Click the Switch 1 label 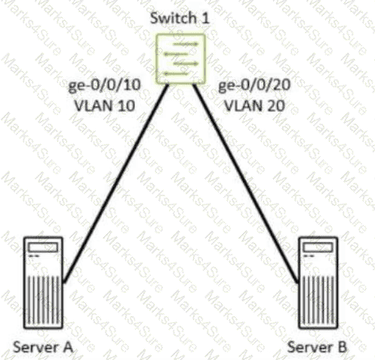[180, 18]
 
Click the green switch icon [180, 59]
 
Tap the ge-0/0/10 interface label [104, 86]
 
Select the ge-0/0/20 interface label [254, 86]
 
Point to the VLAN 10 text [105, 106]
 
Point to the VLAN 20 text [254, 106]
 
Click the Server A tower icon [43, 282]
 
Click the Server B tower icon [318, 282]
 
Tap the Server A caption [43, 347]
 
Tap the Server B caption [317, 347]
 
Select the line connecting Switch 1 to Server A [115, 183]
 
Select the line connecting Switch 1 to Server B [246, 183]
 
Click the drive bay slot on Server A [43, 248]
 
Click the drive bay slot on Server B [318, 248]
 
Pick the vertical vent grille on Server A [44, 300]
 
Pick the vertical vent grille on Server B [318, 300]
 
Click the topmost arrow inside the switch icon [186, 45]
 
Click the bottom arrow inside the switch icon [176, 74]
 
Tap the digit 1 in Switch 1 [205, 18]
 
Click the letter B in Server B [343, 347]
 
